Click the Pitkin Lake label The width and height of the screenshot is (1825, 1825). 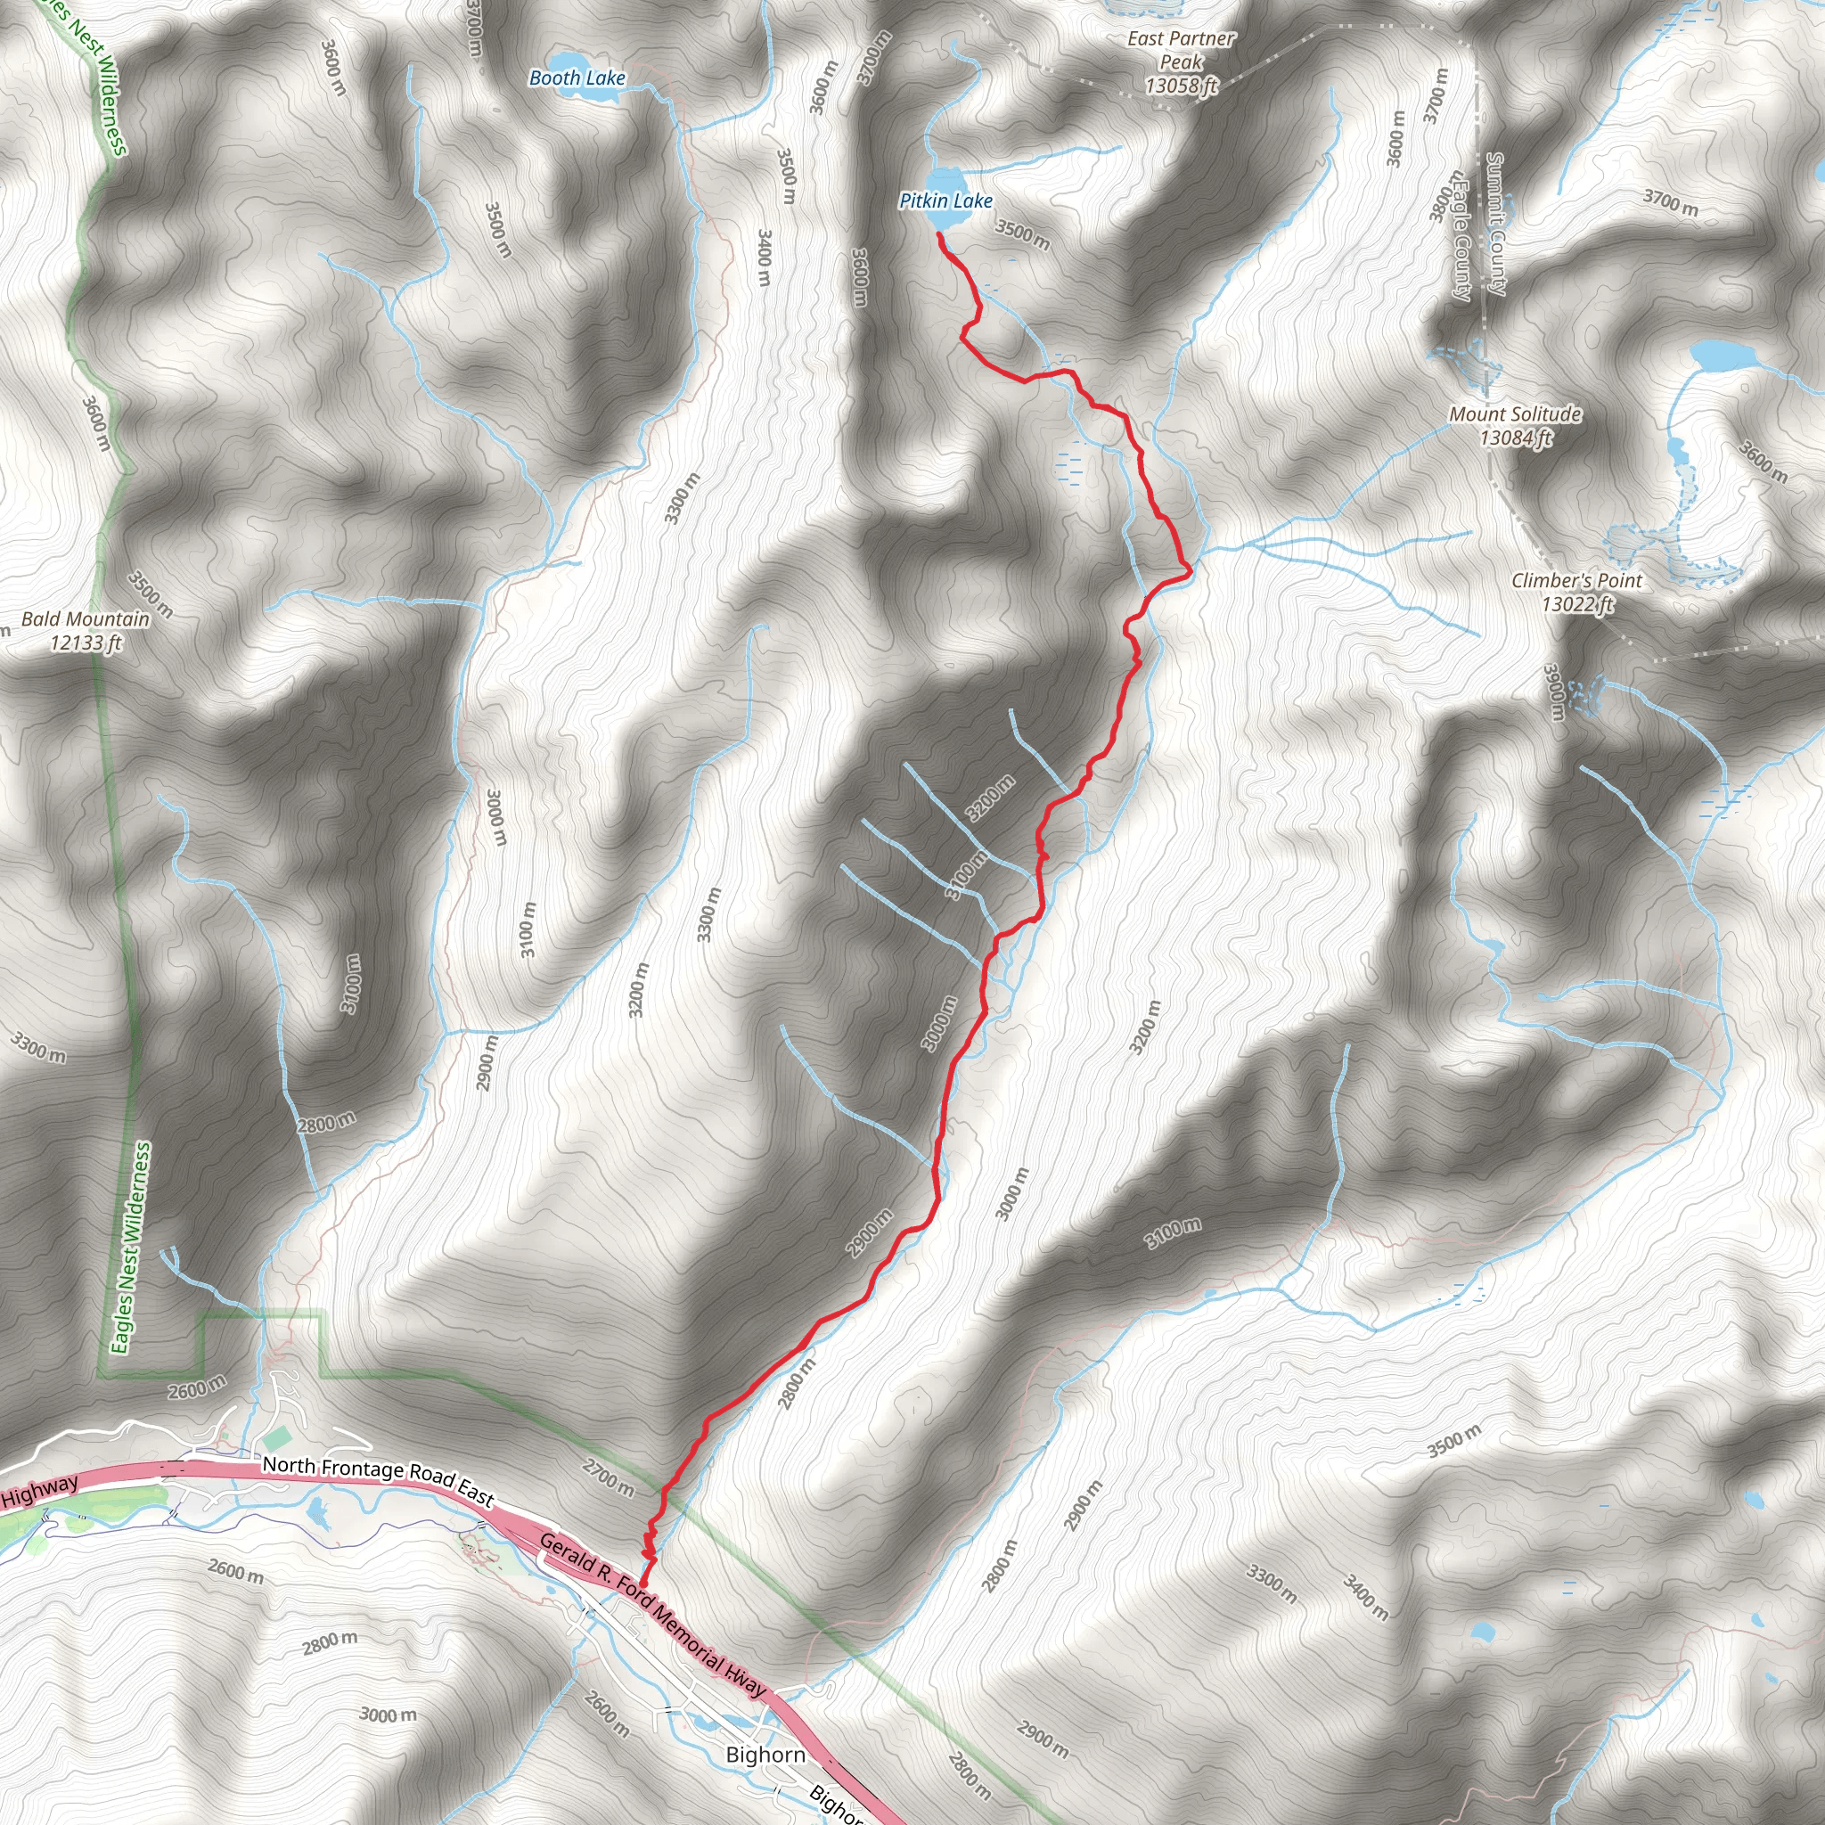(945, 201)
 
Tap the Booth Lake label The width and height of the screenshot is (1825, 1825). (577, 78)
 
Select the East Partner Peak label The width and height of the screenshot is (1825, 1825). (1181, 61)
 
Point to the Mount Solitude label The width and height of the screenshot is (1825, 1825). (1515, 413)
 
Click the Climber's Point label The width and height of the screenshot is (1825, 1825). (1576, 581)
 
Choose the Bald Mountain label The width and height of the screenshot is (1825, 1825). (85, 619)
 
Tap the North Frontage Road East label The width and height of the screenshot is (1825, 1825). (378, 1480)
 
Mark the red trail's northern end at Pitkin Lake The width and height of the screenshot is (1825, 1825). (939, 233)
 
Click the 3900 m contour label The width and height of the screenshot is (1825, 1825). (1554, 692)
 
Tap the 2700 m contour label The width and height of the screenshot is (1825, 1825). (608, 1478)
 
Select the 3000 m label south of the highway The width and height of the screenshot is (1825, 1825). (388, 1715)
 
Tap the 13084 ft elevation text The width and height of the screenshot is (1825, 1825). (1515, 438)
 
